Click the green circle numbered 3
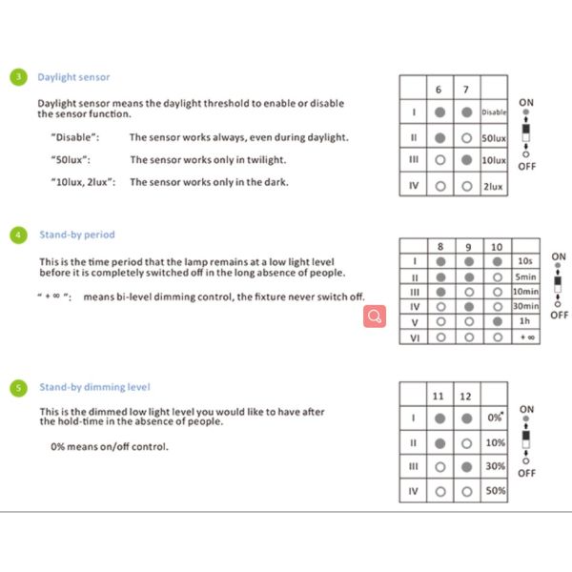20,77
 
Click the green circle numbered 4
20,234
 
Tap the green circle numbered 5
20,387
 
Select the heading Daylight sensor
73,77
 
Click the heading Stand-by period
77,234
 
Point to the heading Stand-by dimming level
94,387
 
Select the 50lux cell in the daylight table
493,137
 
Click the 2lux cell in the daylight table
493,186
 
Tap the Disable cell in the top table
494,112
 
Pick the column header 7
465,90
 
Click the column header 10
496,247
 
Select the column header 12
465,396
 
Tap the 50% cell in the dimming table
495,491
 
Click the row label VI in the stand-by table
415,337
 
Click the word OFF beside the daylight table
526,165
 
